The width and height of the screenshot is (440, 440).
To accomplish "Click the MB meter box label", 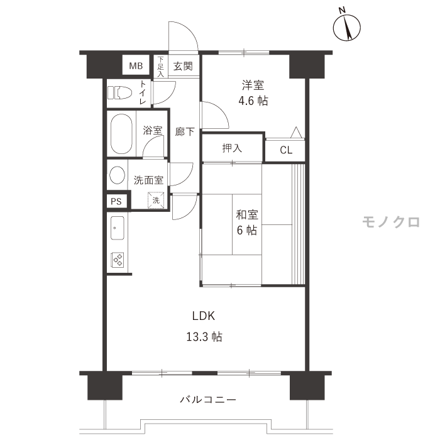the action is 136,66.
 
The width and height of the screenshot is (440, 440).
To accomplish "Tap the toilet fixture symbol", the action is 120,92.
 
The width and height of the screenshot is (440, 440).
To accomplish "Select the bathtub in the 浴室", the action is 121,133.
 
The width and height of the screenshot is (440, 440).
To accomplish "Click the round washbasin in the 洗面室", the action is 117,175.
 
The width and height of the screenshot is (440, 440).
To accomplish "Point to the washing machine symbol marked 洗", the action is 156,200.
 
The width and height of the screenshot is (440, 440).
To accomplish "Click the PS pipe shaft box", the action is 116,201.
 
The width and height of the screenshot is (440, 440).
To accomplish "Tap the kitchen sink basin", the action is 118,228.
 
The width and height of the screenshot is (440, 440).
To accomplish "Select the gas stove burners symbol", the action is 118,260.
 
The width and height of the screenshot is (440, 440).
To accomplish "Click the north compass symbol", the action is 346,27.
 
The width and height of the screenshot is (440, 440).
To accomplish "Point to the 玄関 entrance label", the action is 183,66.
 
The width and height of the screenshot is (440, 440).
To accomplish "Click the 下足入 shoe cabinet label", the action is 160,67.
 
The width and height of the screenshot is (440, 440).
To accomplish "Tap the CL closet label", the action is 286,150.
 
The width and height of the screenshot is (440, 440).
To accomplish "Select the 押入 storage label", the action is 232,148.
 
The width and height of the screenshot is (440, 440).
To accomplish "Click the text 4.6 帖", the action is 253,101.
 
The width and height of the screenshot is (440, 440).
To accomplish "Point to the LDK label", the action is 204,316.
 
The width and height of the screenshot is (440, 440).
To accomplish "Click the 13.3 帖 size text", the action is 204,336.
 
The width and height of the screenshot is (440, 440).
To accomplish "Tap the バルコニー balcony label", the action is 207,399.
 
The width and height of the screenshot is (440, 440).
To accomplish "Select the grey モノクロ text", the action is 391,222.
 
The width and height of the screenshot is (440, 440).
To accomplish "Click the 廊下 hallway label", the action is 185,131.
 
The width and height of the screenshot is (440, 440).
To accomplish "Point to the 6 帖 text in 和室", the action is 247,231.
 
